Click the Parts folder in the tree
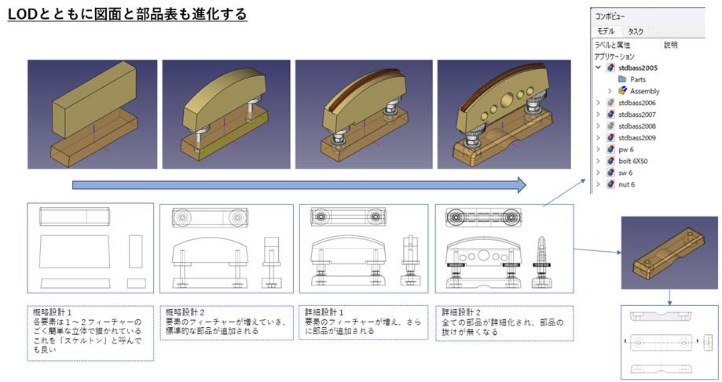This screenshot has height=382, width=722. point(637,79)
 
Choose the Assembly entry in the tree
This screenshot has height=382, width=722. point(644,91)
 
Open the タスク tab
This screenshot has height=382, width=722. point(636,31)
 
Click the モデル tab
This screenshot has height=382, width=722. point(606,31)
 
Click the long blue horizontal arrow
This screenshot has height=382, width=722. point(299,185)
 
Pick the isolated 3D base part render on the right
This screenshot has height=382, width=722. point(669,253)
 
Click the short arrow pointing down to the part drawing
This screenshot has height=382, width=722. point(670,297)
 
